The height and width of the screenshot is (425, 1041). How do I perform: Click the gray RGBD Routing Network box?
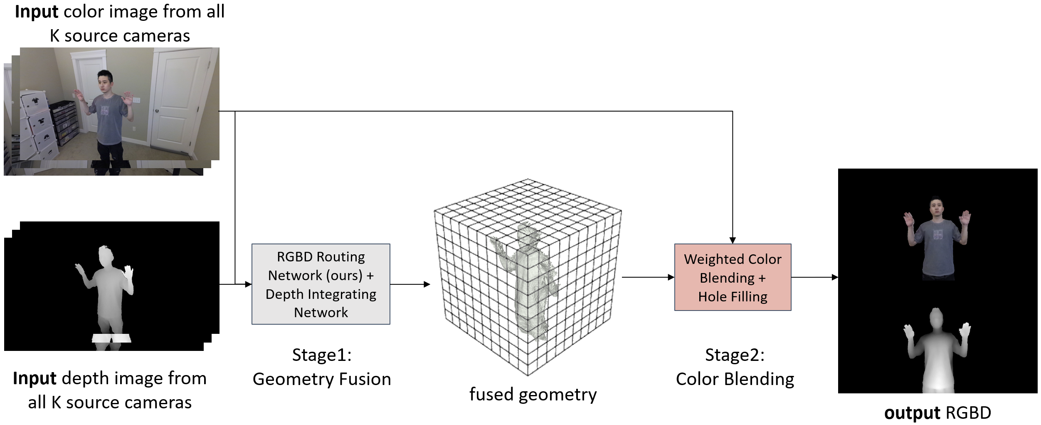(x=321, y=284)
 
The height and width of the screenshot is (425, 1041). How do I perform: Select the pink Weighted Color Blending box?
(x=733, y=277)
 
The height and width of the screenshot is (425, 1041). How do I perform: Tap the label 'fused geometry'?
(x=533, y=394)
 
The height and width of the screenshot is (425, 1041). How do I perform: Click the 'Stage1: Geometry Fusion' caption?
(x=322, y=367)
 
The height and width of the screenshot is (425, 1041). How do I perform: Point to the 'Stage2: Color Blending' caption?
(x=735, y=367)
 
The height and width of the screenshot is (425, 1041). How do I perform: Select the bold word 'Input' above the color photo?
(x=36, y=12)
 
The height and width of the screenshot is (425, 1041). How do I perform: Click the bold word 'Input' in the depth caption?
(x=35, y=378)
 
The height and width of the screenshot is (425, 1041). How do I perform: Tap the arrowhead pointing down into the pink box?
(x=733, y=240)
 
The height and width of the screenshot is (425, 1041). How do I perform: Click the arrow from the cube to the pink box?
(x=648, y=277)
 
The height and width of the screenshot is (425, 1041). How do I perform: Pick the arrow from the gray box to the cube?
(x=410, y=284)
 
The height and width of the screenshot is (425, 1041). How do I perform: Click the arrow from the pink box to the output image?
(x=814, y=277)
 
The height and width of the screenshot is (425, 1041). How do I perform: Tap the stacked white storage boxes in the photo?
(x=39, y=125)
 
